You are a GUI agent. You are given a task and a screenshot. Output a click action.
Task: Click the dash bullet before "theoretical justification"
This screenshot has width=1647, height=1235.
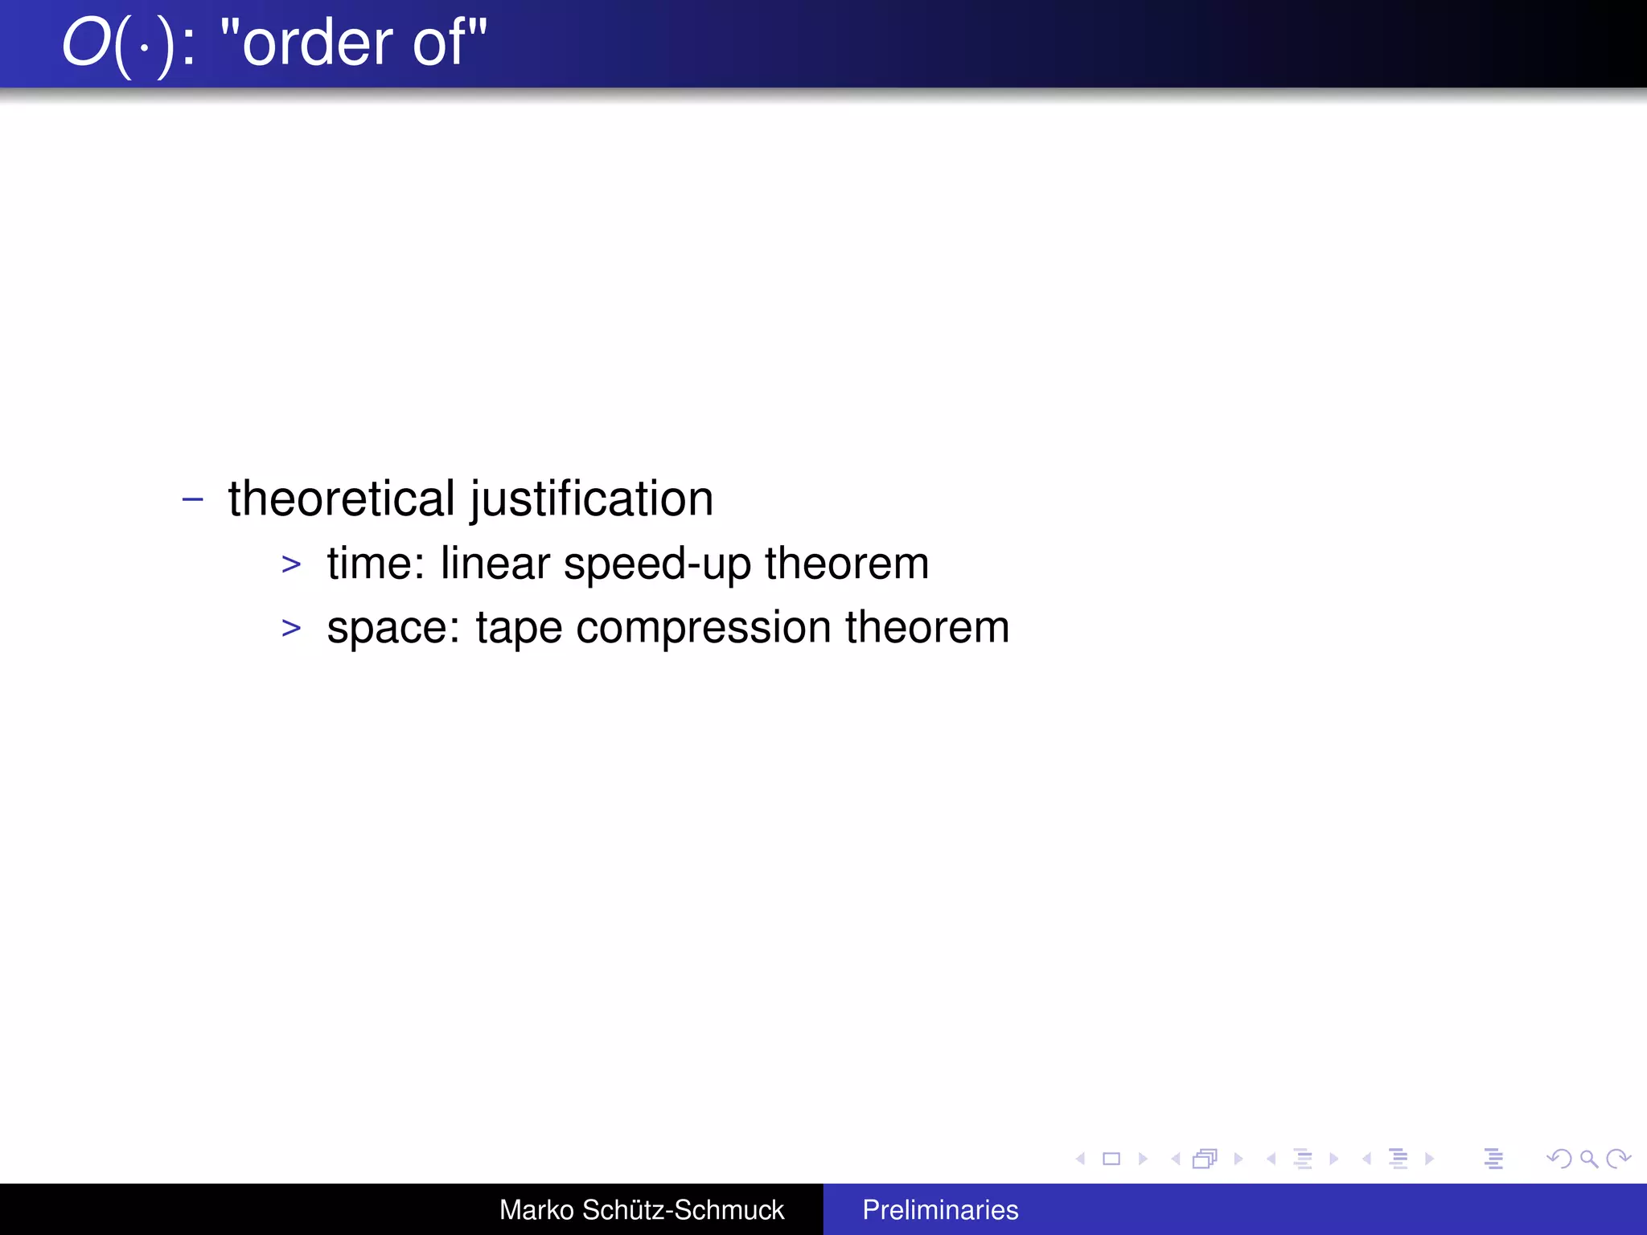[193, 499]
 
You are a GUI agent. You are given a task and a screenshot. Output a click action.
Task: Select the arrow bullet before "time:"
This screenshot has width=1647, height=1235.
[291, 564]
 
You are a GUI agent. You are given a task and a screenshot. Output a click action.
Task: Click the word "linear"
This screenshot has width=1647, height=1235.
[495, 563]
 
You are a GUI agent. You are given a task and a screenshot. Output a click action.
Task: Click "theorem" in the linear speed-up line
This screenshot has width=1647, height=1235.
[847, 563]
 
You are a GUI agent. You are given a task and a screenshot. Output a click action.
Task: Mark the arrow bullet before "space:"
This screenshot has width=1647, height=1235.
[291, 628]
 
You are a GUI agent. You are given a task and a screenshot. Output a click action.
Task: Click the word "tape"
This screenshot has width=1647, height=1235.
[519, 628]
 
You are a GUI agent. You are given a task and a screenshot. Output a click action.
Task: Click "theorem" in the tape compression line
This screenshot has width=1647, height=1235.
[927, 627]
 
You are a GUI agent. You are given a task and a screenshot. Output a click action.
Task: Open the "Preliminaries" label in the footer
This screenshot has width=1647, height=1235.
[940, 1210]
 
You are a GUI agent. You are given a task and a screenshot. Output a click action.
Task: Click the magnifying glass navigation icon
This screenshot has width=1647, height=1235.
[1588, 1159]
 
